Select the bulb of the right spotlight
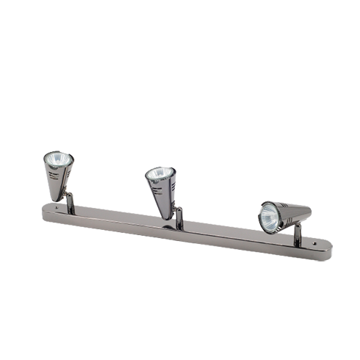270,216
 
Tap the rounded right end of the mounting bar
325,250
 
